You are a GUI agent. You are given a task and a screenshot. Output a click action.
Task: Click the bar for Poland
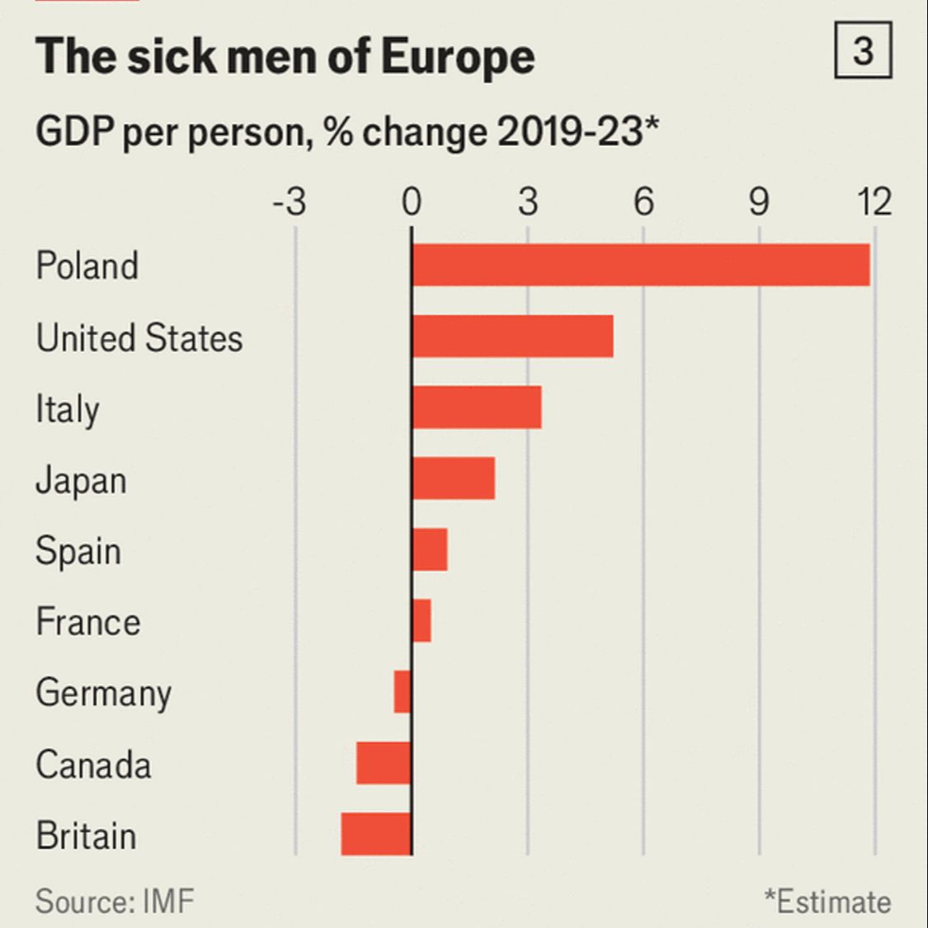point(640,265)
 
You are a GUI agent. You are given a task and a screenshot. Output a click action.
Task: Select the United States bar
point(512,337)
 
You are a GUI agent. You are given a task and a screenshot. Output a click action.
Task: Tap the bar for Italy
point(476,407)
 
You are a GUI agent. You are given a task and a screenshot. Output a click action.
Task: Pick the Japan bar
point(453,478)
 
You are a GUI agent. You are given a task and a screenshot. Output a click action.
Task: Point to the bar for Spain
point(429,549)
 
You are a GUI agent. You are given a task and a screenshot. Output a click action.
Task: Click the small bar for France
point(421,620)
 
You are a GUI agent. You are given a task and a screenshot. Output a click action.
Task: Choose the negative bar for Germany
point(403,691)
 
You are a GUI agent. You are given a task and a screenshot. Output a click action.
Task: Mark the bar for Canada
point(384,763)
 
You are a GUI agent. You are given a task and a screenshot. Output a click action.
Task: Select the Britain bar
point(376,834)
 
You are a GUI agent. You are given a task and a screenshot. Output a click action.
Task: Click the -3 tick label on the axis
point(289,202)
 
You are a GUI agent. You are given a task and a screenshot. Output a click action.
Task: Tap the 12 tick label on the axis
point(874,202)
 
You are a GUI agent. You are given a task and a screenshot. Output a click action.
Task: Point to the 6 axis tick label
point(643,202)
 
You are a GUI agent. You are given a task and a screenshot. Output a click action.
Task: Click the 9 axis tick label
point(759,202)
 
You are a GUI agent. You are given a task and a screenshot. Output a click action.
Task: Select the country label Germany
point(104,693)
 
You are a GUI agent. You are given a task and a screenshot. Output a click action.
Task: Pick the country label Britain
point(86,836)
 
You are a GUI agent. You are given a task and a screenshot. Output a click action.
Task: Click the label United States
point(139,338)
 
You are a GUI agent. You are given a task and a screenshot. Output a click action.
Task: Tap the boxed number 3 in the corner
point(863,51)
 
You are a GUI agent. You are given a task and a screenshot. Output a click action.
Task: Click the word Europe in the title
point(458,56)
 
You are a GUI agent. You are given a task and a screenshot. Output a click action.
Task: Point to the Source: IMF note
point(115,900)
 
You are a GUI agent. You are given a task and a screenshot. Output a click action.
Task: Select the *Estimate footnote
point(827,902)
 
